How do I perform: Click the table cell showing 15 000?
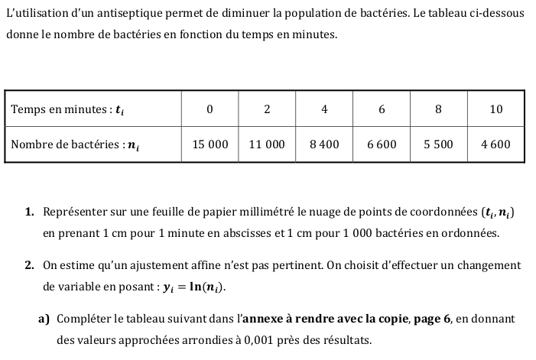[210, 144]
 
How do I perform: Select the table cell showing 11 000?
[267, 144]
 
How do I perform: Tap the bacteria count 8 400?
[324, 144]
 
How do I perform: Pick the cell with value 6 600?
[382, 144]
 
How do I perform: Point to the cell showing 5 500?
[438, 144]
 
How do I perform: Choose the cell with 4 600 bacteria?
[495, 144]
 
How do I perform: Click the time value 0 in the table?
[210, 109]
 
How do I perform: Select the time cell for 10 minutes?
[495, 109]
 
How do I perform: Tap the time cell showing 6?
[382, 109]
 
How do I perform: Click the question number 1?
[28, 212]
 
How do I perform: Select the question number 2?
[28, 266]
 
